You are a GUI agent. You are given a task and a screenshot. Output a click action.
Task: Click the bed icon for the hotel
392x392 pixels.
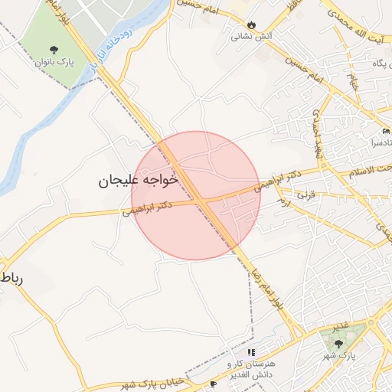pos(386,132)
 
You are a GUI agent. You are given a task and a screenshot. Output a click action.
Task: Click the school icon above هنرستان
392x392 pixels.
pos(251,353)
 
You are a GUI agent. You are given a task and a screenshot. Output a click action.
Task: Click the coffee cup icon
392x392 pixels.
pos(213,384)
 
